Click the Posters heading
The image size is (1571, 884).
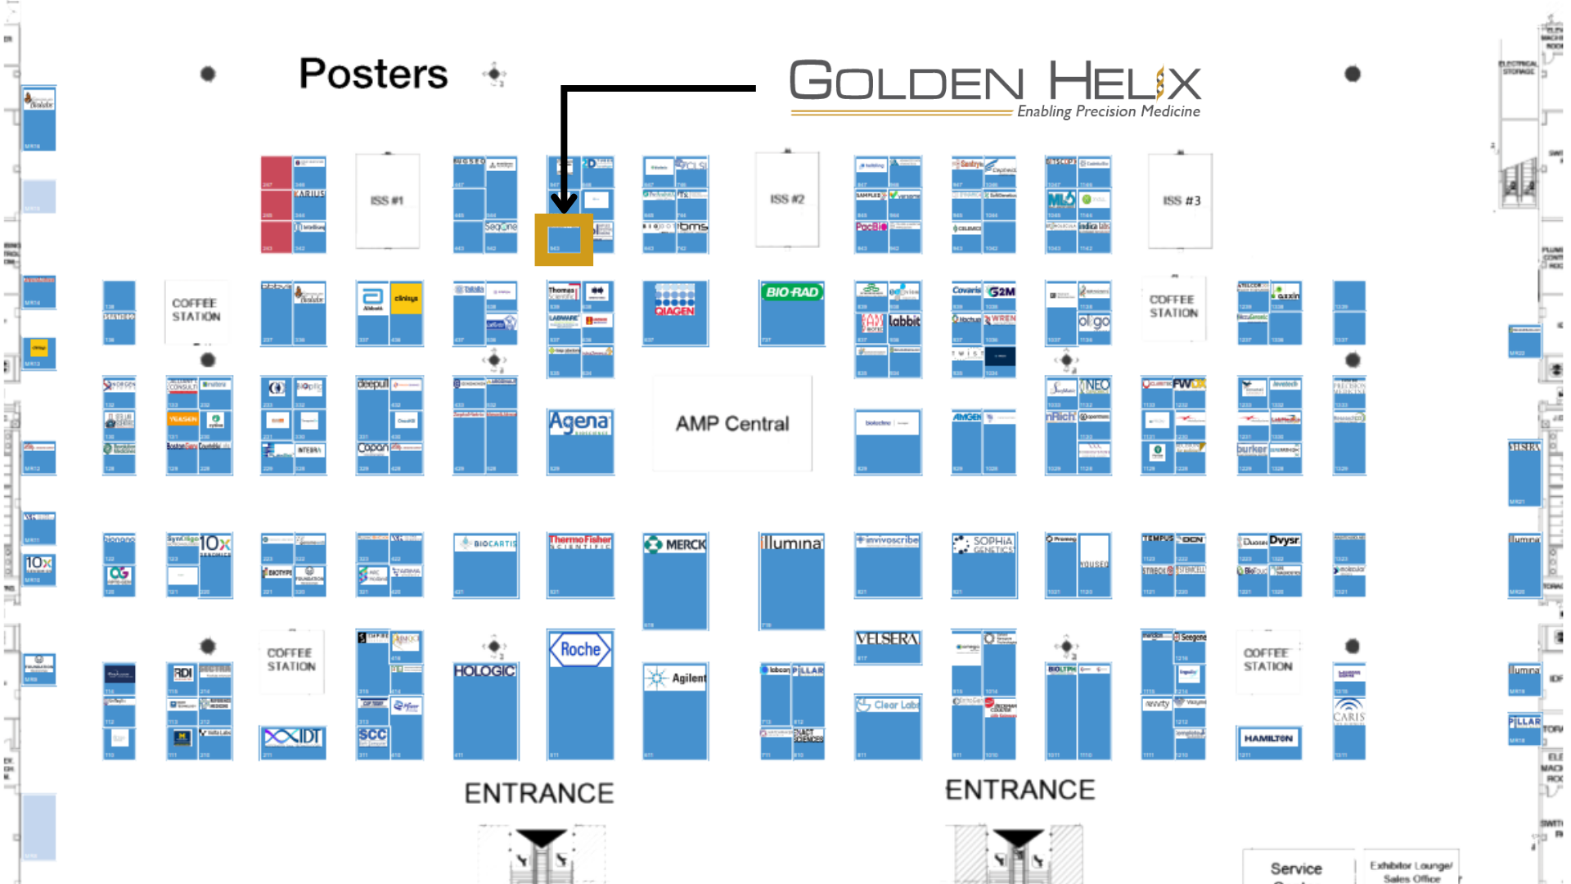pyautogui.click(x=373, y=74)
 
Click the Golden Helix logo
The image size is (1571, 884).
pyautogui.click(x=994, y=87)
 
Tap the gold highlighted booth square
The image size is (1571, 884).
pyautogui.click(x=564, y=240)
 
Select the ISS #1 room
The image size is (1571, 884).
pyautogui.click(x=387, y=201)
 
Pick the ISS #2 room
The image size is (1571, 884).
pyautogui.click(x=787, y=199)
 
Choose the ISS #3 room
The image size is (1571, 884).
pyautogui.click(x=1181, y=201)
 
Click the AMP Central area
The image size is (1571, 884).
pyautogui.click(x=732, y=424)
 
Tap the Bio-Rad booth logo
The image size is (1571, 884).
pyautogui.click(x=791, y=292)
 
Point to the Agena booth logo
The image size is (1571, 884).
pyautogui.click(x=580, y=423)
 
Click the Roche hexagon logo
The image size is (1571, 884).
pyautogui.click(x=580, y=650)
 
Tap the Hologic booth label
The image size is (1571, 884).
pyautogui.click(x=485, y=671)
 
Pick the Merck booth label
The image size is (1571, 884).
pyautogui.click(x=676, y=544)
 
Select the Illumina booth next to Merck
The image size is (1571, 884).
pyautogui.click(x=791, y=543)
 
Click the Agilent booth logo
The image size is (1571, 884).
pyautogui.click(x=676, y=679)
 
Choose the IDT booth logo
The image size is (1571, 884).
pyautogui.click(x=293, y=737)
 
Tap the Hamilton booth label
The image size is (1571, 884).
pyautogui.click(x=1268, y=738)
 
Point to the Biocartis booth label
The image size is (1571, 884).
pyautogui.click(x=486, y=543)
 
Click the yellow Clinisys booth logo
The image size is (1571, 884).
pyautogui.click(x=406, y=299)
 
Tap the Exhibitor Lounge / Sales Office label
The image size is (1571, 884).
pyautogui.click(x=1411, y=872)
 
